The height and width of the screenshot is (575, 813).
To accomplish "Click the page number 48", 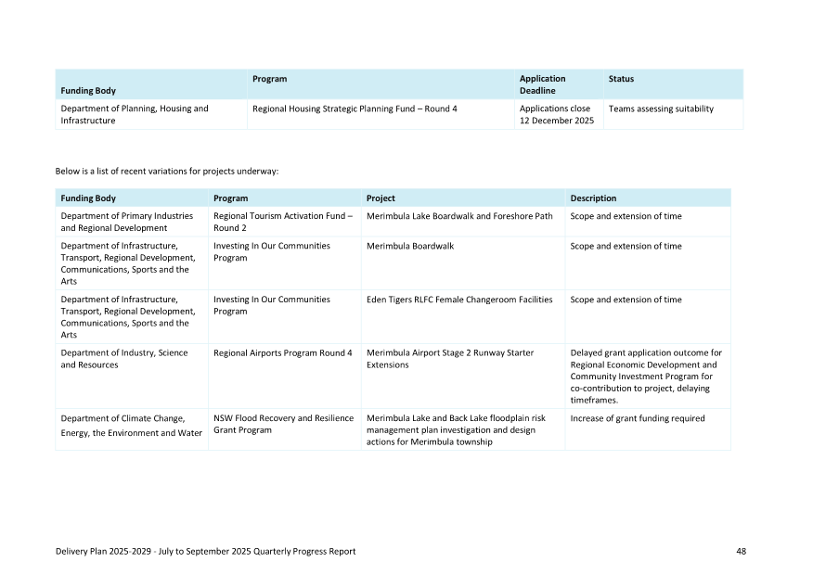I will [741, 551].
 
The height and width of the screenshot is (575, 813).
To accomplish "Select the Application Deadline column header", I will [542, 84].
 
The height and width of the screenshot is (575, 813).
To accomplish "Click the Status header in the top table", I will [621, 79].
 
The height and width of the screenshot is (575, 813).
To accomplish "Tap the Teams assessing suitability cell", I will [661, 109].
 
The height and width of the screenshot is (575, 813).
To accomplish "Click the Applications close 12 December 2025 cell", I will [556, 114].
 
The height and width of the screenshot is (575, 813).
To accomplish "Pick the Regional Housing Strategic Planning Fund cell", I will [355, 109].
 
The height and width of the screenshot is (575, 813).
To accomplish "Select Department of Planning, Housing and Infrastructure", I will [135, 114].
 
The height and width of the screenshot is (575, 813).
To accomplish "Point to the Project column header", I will [381, 198].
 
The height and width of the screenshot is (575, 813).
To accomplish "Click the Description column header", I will [593, 198].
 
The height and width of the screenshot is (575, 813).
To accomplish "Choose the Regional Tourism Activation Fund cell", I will [283, 222].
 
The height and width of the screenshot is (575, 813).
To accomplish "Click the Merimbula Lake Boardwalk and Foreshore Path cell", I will [459, 216].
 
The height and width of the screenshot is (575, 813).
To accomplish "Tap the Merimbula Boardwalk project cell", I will [410, 246].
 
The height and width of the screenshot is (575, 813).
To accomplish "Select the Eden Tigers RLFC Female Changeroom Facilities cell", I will [459, 300].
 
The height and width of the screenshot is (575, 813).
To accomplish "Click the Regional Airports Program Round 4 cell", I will [283, 352].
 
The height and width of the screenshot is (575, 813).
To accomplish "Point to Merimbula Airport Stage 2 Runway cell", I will [450, 358].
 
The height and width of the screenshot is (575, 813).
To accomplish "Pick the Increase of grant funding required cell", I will [638, 418].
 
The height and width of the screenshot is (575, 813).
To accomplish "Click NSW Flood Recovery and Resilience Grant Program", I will [283, 424].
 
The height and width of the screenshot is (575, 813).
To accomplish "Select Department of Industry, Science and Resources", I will [124, 358].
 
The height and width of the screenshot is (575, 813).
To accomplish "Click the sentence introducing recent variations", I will [167, 171].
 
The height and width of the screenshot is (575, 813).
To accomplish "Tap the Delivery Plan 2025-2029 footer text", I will [205, 551].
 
